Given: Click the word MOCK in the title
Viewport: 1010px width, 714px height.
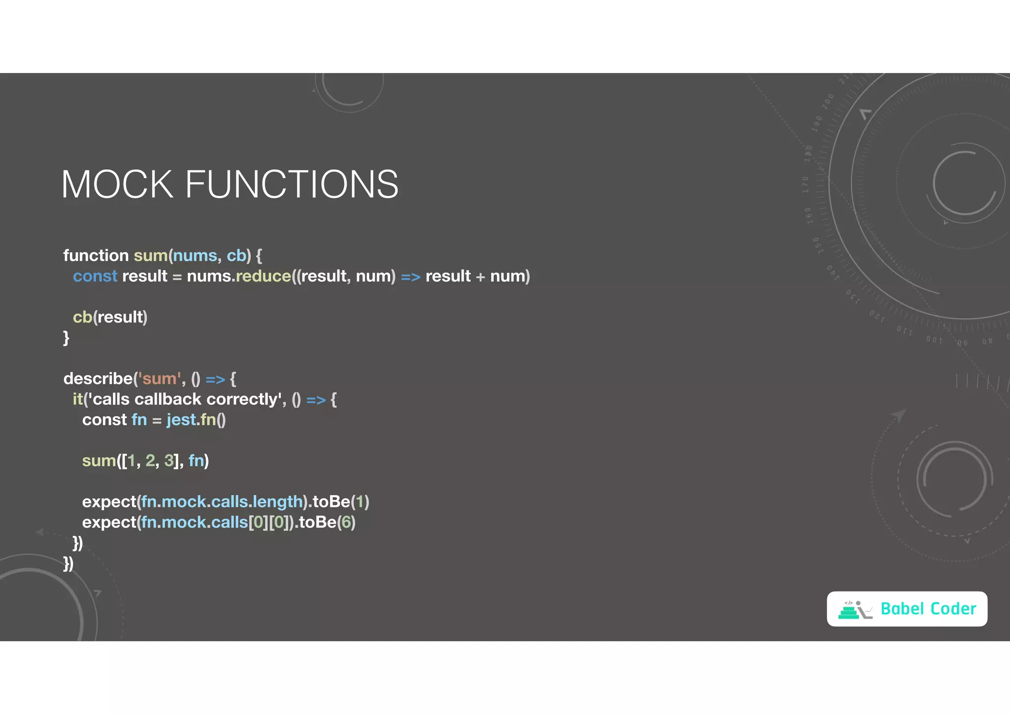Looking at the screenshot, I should [117, 184].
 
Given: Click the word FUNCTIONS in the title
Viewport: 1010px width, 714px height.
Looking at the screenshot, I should [291, 184].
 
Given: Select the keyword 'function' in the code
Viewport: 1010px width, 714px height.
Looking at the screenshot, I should [96, 255].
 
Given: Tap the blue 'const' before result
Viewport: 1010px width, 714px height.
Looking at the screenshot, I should [95, 276].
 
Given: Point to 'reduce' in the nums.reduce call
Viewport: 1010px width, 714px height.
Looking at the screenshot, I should [263, 276].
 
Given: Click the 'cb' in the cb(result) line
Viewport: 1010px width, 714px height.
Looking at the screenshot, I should [82, 317].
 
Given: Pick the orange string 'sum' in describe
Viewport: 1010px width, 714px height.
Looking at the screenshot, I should [159, 379].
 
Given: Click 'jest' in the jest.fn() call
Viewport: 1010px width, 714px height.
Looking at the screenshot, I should [181, 420].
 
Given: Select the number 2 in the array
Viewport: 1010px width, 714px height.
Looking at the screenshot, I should [150, 461].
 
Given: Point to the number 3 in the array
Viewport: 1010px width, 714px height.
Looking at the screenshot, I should [169, 461].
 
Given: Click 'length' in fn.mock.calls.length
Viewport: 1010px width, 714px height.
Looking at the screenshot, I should [278, 501].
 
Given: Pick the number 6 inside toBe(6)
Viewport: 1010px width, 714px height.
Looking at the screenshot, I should [346, 522].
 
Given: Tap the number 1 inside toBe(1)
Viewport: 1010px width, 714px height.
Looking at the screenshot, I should [360, 501].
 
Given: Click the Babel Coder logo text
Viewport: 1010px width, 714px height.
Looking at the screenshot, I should [928, 609].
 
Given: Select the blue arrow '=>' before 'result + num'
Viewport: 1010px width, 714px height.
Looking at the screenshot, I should [410, 277].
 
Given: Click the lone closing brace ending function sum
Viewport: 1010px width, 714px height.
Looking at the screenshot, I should [66, 338].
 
